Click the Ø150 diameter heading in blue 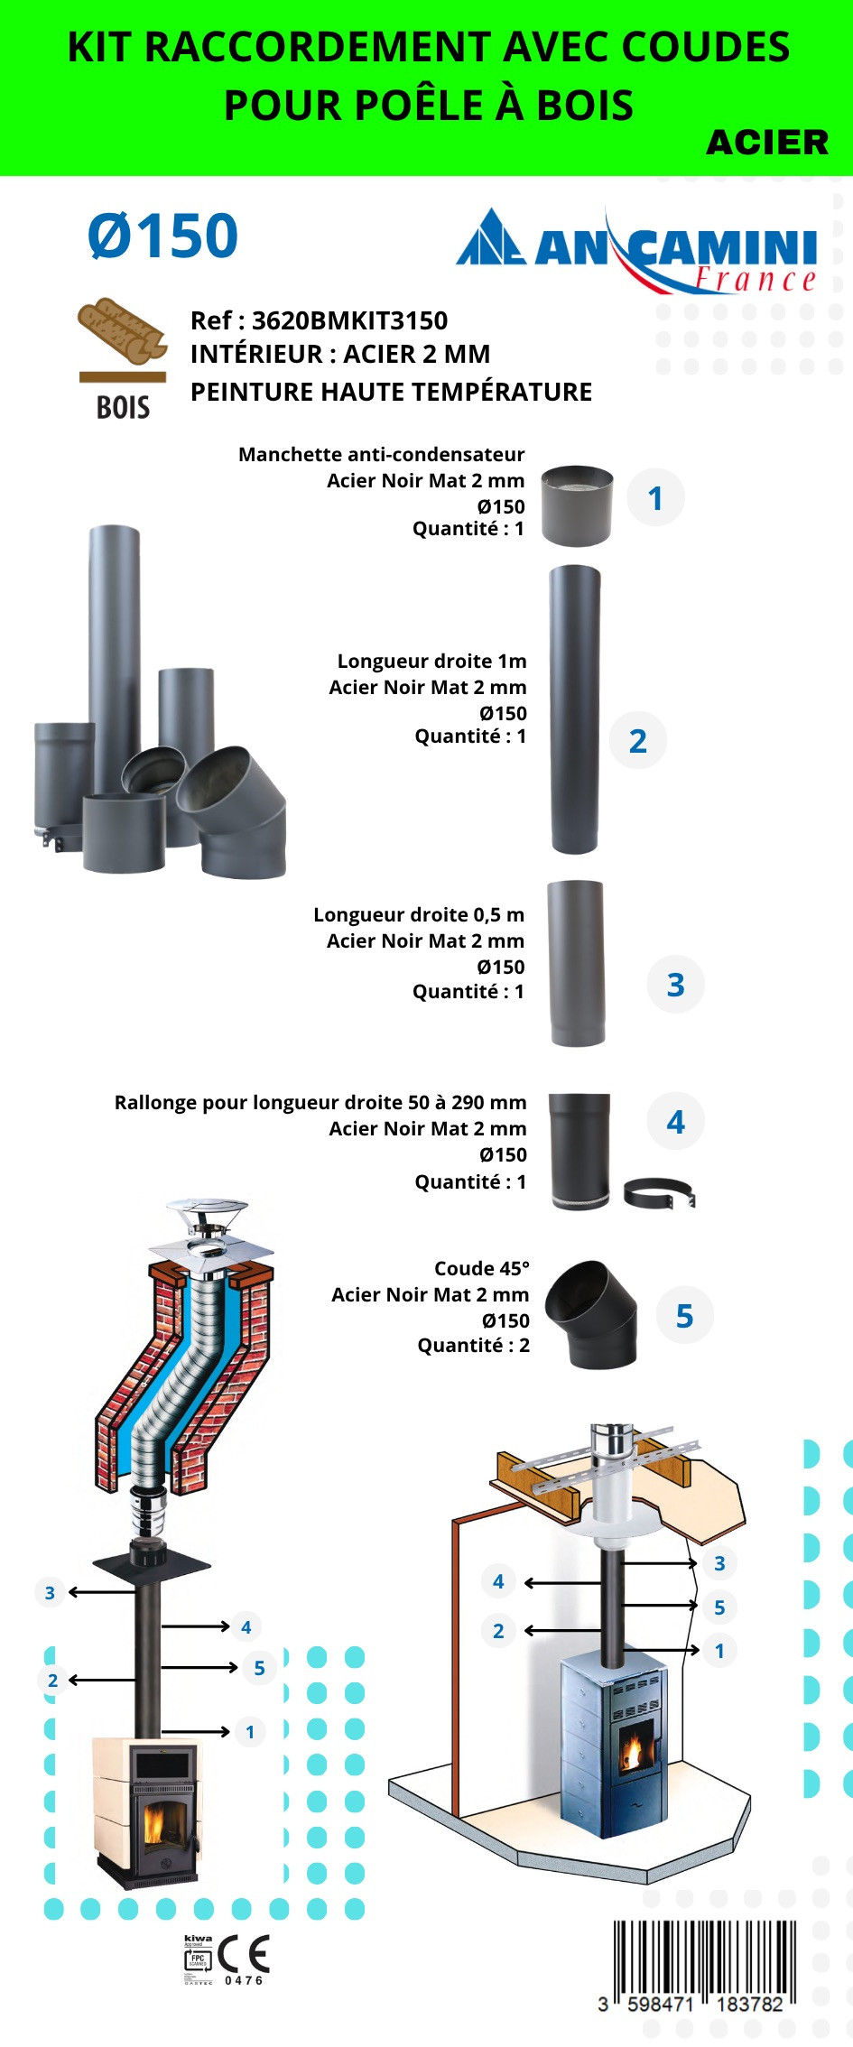[162, 236]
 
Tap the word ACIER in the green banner [766, 143]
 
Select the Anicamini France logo [637, 252]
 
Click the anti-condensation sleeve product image [577, 505]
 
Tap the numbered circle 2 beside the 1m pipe [638, 741]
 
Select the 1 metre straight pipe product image [574, 709]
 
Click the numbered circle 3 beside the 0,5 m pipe [675, 985]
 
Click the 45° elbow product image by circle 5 [592, 1313]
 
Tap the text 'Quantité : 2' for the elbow [473, 1345]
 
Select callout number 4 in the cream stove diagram [246, 1627]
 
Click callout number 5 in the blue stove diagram [719, 1607]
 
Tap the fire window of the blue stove [634, 1747]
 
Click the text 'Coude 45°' [482, 1268]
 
